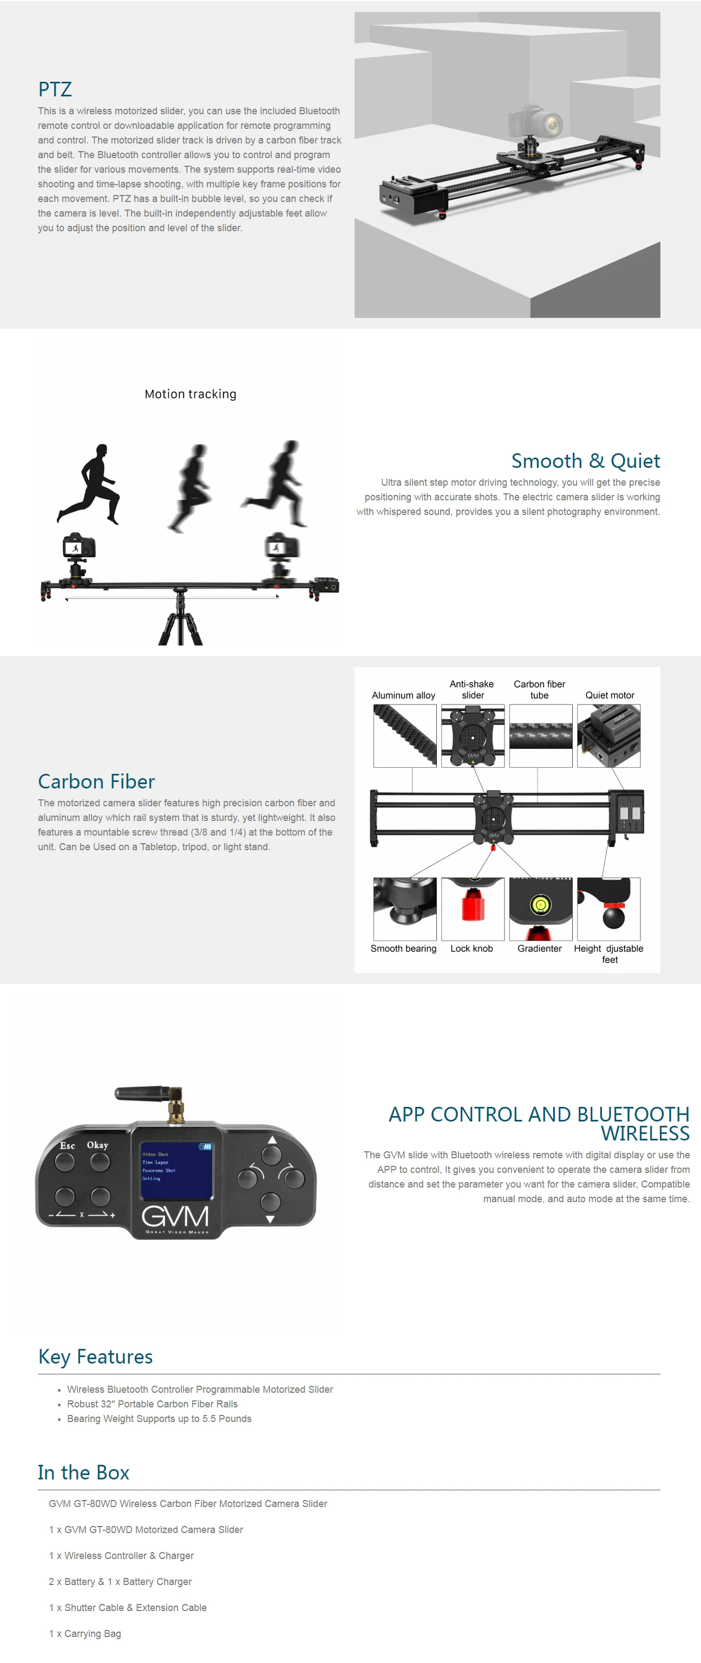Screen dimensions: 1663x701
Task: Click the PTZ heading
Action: pos(55,89)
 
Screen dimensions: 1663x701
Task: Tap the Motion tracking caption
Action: pos(191,394)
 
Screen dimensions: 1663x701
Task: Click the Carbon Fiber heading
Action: pos(96,781)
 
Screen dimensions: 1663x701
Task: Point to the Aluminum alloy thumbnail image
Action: pos(405,735)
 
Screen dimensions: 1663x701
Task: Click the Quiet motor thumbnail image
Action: pos(608,735)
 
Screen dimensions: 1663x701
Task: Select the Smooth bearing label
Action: pos(403,948)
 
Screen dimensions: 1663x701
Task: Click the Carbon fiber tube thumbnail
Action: pos(540,735)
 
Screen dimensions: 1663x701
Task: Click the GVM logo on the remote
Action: pos(175,1216)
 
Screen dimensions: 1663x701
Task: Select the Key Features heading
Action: pos(95,1357)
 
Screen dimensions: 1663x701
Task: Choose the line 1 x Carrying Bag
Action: pos(84,1633)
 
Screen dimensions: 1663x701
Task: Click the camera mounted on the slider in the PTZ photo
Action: pos(536,123)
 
